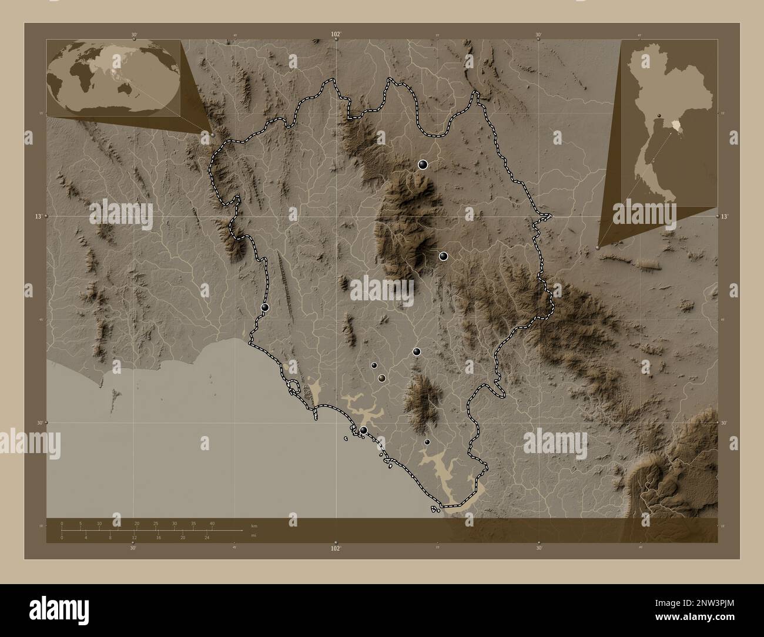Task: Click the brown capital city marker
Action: tap(382, 378)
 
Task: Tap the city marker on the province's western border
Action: tap(265, 307)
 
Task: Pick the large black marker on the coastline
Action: tap(364, 431)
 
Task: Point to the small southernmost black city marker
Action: tap(427, 442)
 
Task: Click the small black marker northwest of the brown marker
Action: tap(374, 365)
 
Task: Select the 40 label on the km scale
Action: tap(212, 523)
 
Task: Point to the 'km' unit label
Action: tap(254, 525)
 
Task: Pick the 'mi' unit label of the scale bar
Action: tap(253, 535)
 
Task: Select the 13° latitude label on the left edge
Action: tap(37, 217)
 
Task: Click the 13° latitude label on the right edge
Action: tap(725, 217)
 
